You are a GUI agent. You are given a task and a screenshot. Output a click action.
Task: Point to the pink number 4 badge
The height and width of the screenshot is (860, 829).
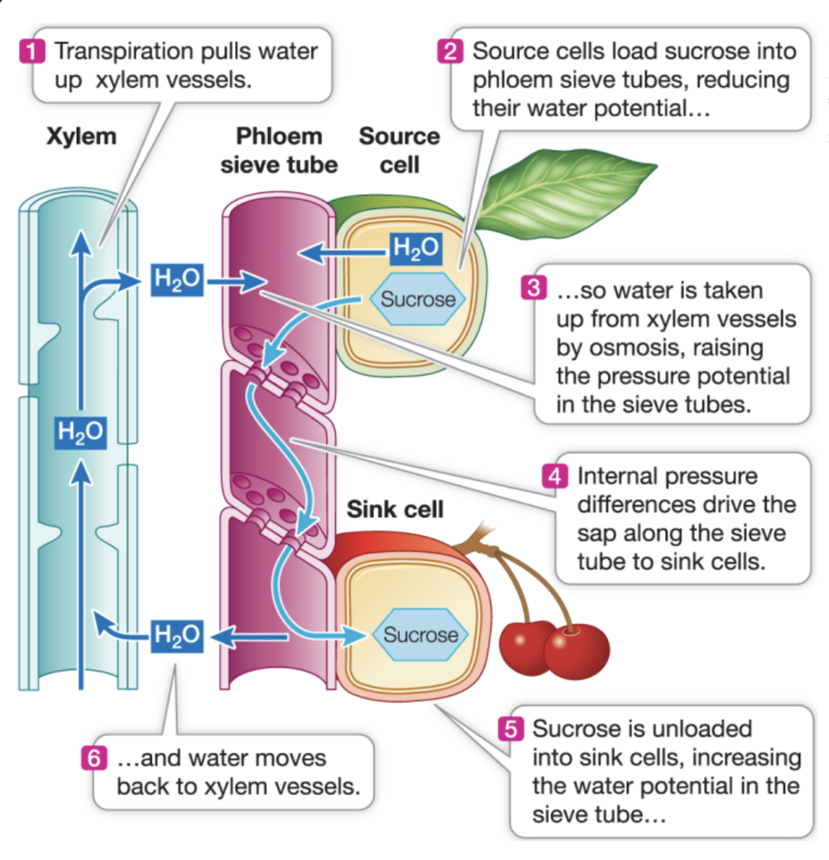(x=555, y=476)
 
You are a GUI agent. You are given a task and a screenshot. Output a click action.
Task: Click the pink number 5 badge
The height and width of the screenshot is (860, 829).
(x=511, y=728)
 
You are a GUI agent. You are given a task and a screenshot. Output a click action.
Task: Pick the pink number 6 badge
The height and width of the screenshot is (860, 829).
(x=94, y=758)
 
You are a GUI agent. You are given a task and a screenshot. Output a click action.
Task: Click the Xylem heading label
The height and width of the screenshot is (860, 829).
(x=81, y=136)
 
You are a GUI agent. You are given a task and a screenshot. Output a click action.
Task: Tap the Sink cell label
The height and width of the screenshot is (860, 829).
(x=395, y=509)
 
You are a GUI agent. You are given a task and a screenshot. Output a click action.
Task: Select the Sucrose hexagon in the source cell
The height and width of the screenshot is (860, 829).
(x=418, y=299)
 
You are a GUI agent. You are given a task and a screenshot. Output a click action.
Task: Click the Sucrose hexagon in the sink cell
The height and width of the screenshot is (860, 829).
(x=420, y=635)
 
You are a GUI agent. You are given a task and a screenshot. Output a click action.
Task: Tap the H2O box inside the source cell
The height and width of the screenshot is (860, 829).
(x=416, y=248)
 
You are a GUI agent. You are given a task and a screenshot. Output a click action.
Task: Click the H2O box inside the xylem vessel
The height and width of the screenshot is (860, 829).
(x=81, y=432)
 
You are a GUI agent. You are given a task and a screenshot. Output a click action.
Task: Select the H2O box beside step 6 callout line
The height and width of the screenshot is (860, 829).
(x=177, y=635)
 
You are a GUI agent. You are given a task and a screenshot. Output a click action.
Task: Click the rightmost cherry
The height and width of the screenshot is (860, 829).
(x=576, y=652)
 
